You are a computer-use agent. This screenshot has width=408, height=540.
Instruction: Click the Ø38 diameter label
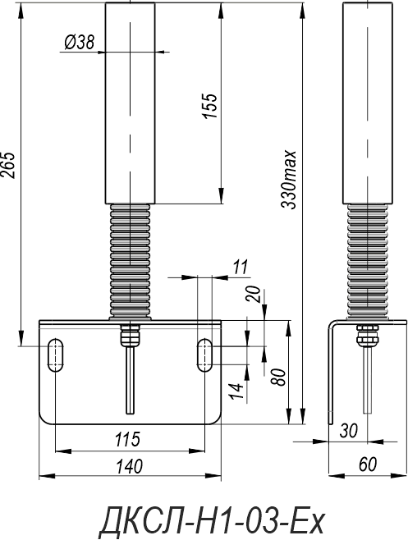79,43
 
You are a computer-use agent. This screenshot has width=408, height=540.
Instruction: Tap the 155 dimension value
210,106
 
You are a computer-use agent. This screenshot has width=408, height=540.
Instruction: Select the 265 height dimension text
8,165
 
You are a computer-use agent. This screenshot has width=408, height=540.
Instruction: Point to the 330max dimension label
288,179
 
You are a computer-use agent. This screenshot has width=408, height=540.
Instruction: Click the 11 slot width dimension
241,267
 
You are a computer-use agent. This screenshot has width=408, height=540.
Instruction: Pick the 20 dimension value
254,294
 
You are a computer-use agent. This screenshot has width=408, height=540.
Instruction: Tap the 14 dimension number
237,391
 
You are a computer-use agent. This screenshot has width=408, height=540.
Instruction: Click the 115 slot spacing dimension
127,439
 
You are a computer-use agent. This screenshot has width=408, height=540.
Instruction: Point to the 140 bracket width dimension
129,466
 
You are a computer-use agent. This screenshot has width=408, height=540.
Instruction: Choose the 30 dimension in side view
349,431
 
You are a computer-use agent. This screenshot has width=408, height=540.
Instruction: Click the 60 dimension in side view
368,464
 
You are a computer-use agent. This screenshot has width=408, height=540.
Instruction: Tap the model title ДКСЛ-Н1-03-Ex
212,519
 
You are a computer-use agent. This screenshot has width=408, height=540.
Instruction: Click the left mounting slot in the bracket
55,355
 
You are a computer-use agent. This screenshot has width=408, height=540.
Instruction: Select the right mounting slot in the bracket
205,355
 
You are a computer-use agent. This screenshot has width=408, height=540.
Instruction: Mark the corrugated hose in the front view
131,262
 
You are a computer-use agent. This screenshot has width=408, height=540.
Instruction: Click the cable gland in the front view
130,334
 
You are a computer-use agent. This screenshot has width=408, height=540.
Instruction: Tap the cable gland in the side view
367,334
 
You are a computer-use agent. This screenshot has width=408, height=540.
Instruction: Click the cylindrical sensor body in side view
368,103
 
